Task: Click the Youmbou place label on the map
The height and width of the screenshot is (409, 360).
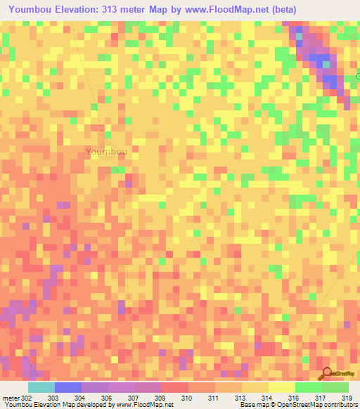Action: [x=106, y=151]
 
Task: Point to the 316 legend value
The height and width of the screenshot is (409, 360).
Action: [x=293, y=398]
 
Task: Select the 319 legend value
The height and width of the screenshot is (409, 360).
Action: [x=347, y=398]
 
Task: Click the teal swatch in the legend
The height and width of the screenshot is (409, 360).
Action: [x=41, y=387]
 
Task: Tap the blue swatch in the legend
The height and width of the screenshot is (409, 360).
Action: [x=68, y=387]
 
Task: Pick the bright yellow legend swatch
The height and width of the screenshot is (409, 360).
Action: [x=282, y=387]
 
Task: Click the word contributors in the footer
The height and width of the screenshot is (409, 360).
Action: [x=340, y=405]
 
